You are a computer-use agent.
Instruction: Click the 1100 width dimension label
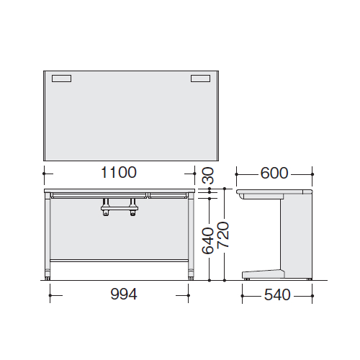(119, 172)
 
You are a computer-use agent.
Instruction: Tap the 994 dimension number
(124, 294)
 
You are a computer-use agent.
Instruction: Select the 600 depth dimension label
(274, 173)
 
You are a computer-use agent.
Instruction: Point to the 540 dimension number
(277, 295)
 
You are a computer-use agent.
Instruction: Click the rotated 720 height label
(223, 235)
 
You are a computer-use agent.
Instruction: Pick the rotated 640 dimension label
(208, 240)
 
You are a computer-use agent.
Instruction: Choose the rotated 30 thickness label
(208, 176)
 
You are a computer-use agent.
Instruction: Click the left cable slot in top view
(61, 78)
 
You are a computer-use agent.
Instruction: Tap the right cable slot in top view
(201, 78)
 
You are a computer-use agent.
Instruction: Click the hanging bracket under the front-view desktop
(120, 207)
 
